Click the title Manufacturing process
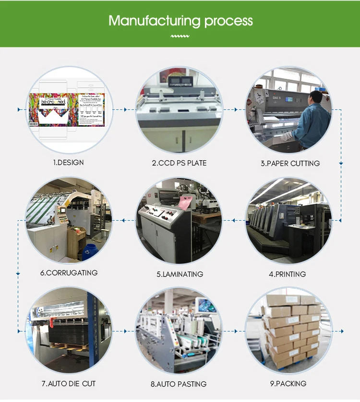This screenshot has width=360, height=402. pos(180,21)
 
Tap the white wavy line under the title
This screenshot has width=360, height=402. pos(180,35)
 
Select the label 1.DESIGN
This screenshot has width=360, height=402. pos(68,163)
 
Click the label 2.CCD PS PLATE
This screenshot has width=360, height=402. pos(179,163)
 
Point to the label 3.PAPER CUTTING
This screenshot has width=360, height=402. pos(290,163)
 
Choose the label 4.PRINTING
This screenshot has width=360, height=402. pos(287,274)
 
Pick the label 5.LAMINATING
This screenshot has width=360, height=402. pos(180,274)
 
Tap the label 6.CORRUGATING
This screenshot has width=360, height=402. pos(69,273)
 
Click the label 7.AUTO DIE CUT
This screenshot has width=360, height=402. pos(68,384)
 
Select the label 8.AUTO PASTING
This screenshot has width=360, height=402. pos(179,384)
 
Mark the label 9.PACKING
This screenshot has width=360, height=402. pos(288,383)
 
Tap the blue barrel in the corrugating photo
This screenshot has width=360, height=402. pos(88,251)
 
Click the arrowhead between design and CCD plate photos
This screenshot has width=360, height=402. pos(125,110)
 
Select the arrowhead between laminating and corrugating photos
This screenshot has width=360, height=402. pos(123,221)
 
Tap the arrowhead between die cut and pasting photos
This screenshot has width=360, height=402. pos(125,331)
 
